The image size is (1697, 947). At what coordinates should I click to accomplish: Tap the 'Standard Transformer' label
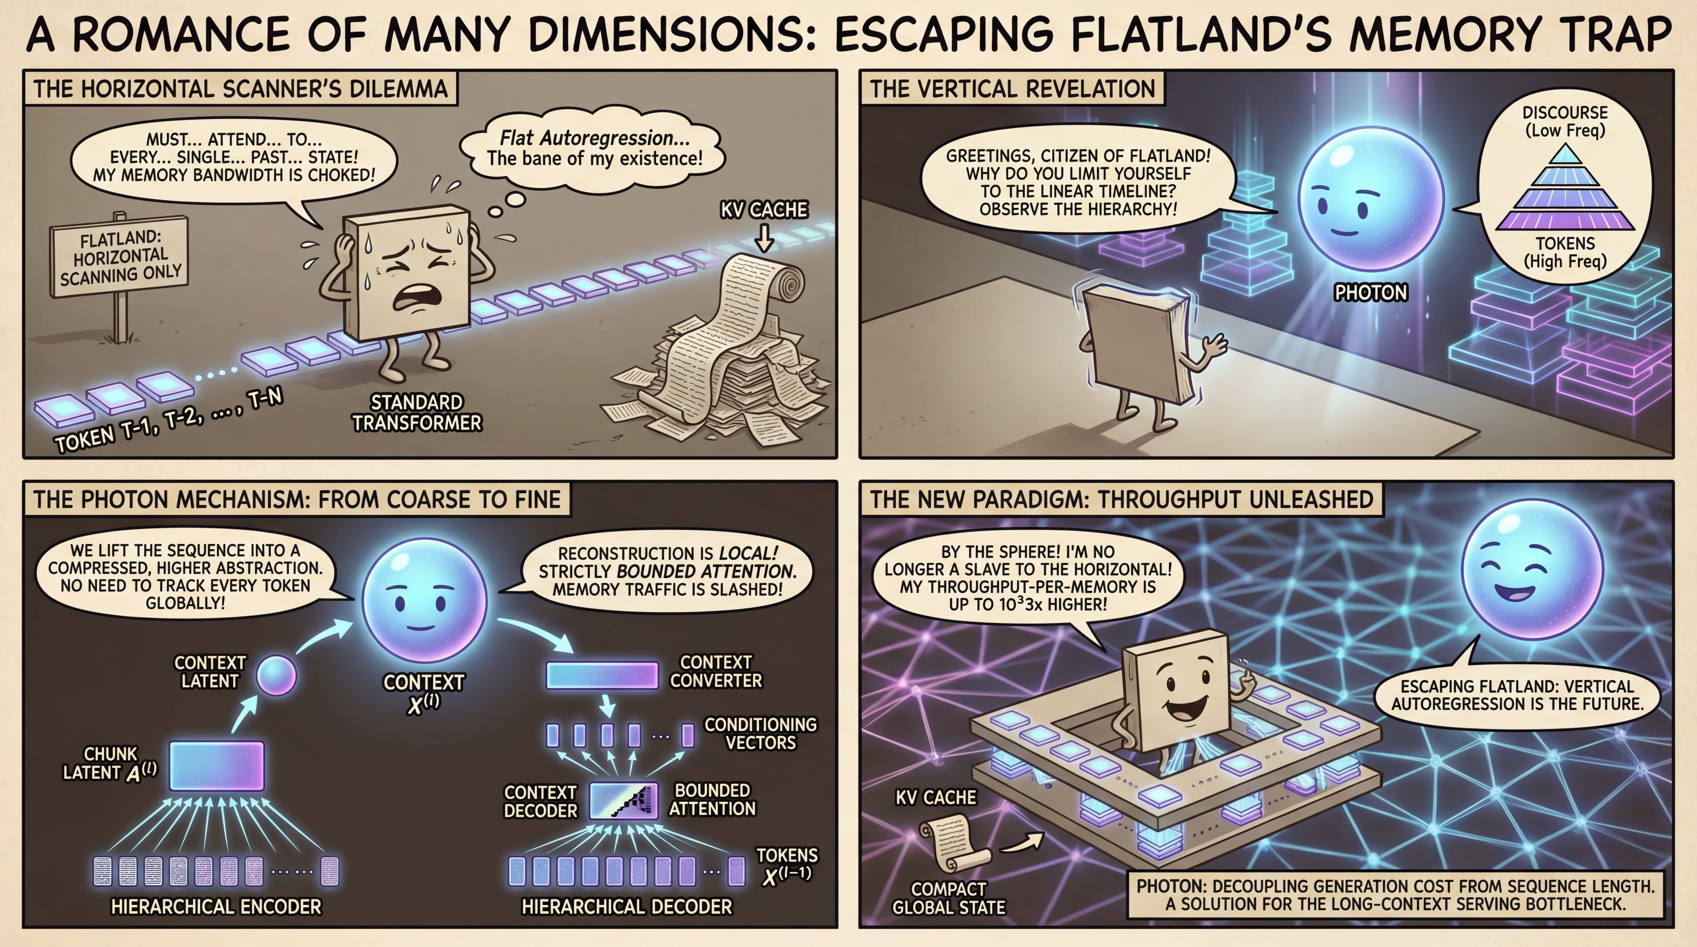(x=416, y=413)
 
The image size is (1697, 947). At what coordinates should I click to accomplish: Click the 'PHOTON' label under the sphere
(x=1371, y=293)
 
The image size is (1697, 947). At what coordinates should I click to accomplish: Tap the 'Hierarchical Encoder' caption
(x=216, y=907)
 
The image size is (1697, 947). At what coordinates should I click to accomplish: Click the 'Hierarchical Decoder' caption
(x=627, y=907)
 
